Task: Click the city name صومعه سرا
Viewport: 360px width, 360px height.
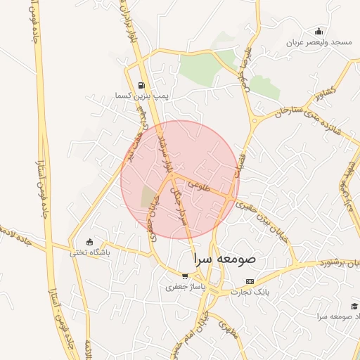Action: (226, 259)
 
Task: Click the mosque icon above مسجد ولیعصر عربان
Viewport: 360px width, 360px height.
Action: (319, 31)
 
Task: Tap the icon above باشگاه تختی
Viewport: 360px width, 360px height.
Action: (89, 242)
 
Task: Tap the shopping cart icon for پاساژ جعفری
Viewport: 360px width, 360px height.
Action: (185, 276)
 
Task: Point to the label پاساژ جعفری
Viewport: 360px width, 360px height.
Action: (184, 287)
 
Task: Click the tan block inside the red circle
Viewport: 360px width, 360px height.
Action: (150, 196)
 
